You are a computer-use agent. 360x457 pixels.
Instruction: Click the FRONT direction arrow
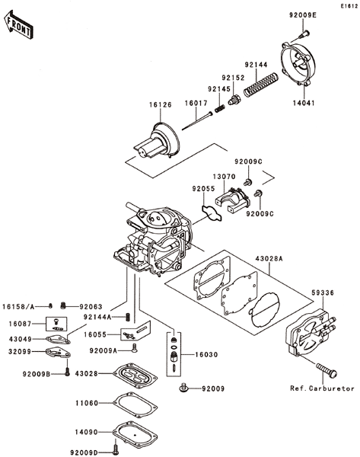(18, 25)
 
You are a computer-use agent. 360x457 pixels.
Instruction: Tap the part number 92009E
(303, 15)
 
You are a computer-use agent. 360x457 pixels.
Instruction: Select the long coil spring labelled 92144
(261, 85)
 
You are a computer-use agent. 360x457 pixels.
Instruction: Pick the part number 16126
(161, 104)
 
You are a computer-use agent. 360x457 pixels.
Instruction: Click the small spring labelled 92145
(220, 109)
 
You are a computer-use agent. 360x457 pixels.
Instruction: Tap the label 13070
(224, 177)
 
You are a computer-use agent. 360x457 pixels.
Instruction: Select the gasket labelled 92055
(212, 213)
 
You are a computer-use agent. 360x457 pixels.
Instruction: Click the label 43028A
(269, 258)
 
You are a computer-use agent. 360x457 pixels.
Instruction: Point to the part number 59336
(323, 292)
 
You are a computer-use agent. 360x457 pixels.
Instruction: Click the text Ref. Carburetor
(322, 388)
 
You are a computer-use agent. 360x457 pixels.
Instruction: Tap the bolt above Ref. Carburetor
(327, 369)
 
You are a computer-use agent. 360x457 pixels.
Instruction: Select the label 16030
(206, 355)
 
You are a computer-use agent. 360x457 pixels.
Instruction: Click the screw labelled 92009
(183, 388)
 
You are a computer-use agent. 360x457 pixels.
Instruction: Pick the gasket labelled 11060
(135, 404)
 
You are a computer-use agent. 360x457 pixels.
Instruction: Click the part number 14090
(87, 432)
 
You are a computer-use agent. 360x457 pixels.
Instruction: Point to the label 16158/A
(18, 307)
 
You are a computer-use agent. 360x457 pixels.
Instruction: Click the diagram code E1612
(349, 6)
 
